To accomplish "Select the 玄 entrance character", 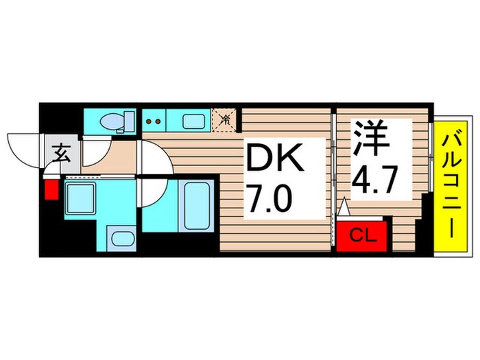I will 60,153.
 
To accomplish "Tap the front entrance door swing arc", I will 25,146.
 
